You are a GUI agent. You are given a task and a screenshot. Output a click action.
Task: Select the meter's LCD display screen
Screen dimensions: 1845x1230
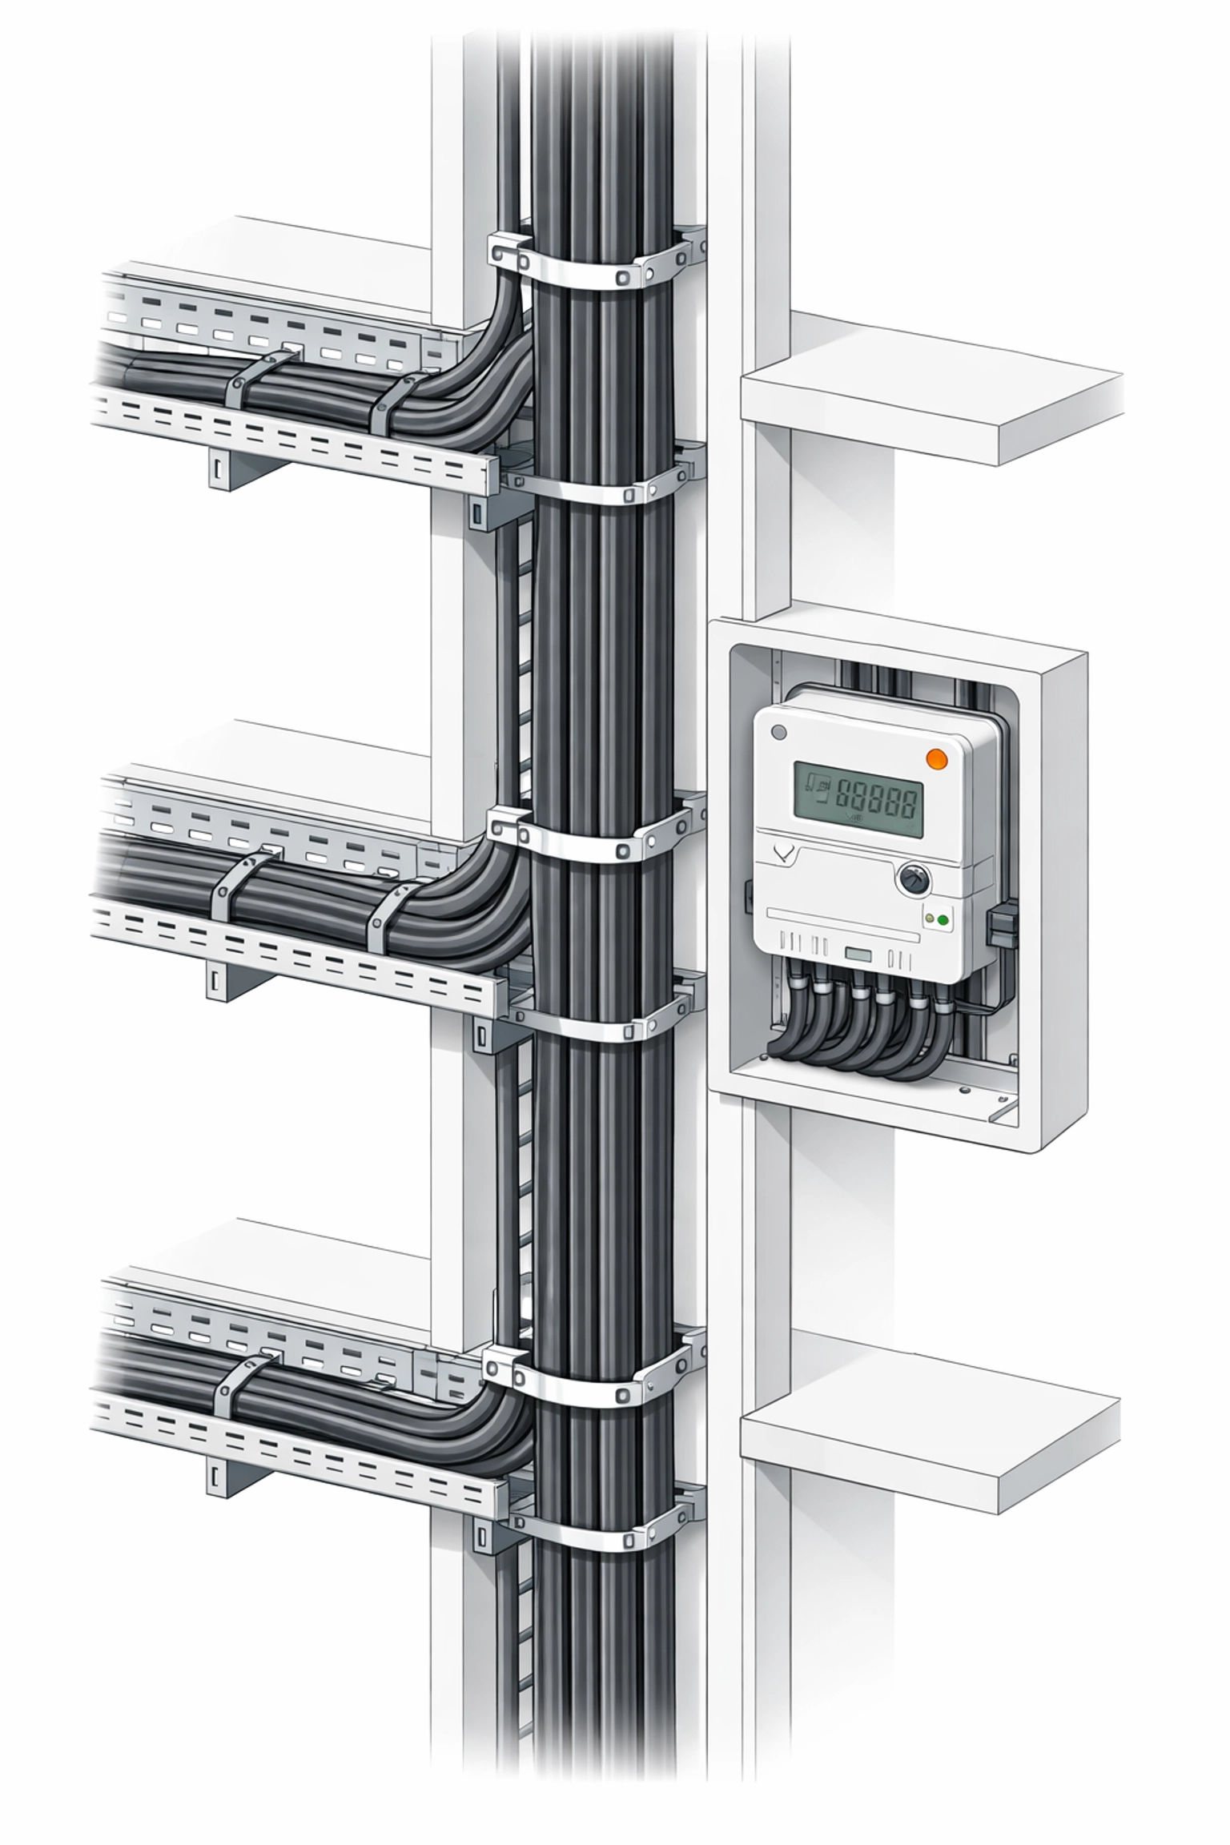[x=858, y=798]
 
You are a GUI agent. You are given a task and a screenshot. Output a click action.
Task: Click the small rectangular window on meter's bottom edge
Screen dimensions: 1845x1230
[x=858, y=955]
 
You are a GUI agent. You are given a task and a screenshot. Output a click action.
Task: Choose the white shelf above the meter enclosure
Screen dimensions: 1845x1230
[x=929, y=392]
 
